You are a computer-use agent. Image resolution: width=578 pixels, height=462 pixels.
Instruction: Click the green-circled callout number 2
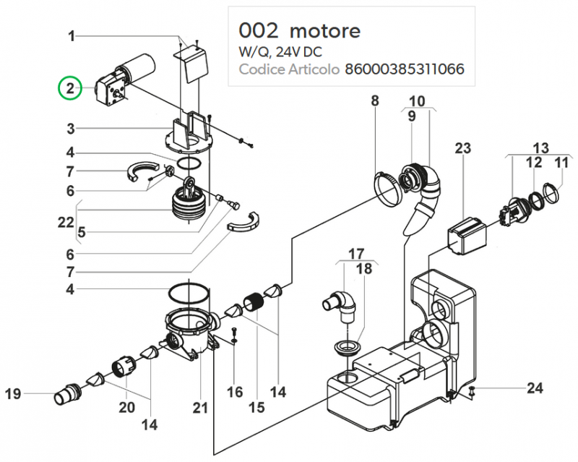tap(70, 90)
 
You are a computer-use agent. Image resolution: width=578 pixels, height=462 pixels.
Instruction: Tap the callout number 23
tap(462, 149)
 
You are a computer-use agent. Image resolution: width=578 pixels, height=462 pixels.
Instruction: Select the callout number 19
tap(13, 394)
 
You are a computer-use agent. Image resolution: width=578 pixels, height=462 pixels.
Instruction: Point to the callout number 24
tap(534, 388)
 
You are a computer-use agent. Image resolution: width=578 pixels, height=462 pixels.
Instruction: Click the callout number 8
tap(375, 100)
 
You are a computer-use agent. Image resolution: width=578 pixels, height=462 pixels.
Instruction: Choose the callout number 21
tap(200, 408)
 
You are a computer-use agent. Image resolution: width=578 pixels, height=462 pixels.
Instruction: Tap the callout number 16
tap(235, 392)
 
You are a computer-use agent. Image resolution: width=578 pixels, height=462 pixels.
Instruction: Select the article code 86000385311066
tap(405, 70)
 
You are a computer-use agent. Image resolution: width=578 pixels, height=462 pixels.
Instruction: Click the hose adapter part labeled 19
tap(66, 395)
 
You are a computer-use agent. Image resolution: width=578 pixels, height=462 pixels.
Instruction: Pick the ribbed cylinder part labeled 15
tap(254, 304)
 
